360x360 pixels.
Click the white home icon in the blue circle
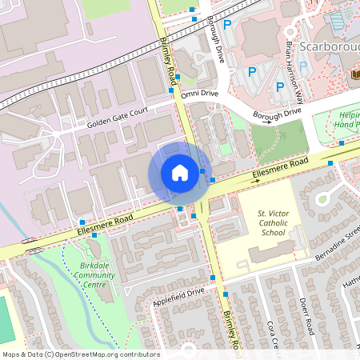180,172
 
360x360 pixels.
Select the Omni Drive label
199,94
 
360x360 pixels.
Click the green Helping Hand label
346,120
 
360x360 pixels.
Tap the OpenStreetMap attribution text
80,354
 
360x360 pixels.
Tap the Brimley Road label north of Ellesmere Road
168,58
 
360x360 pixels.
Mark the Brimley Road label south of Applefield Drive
232,330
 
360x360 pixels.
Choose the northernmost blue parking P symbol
227,26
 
